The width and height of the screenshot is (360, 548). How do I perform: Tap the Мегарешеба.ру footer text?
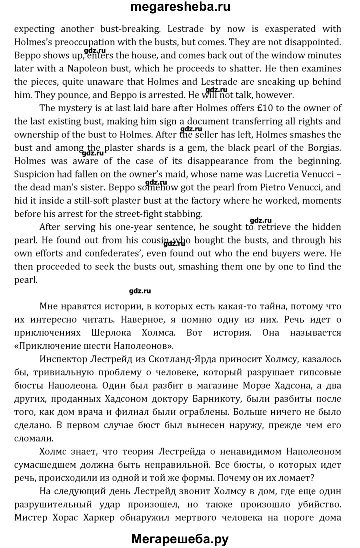180,539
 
